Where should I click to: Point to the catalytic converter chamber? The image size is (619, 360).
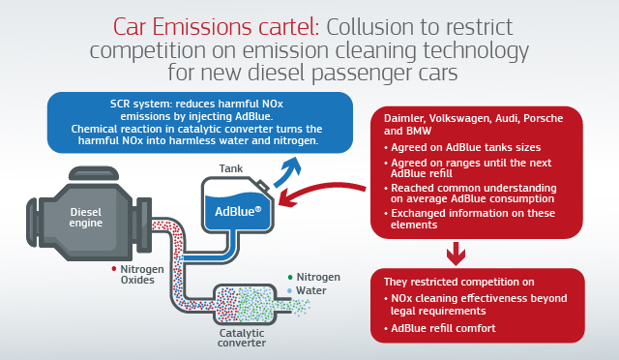tap(254, 302)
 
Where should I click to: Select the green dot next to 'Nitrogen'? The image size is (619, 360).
tap(289, 276)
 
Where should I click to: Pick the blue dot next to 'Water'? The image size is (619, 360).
tap(289, 289)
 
